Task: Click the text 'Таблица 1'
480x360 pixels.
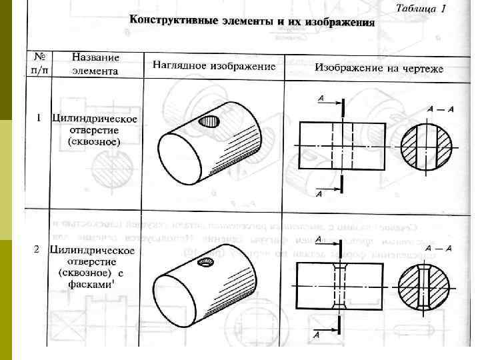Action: tap(421, 8)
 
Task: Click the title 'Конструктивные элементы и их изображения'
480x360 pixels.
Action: tap(252, 20)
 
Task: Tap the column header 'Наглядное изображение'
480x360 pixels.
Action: tap(214, 65)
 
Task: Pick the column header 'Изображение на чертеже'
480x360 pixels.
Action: tap(379, 68)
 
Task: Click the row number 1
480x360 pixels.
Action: tap(39, 118)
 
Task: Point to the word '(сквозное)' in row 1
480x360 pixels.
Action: tap(94, 142)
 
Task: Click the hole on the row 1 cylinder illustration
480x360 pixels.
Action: tap(211, 121)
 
